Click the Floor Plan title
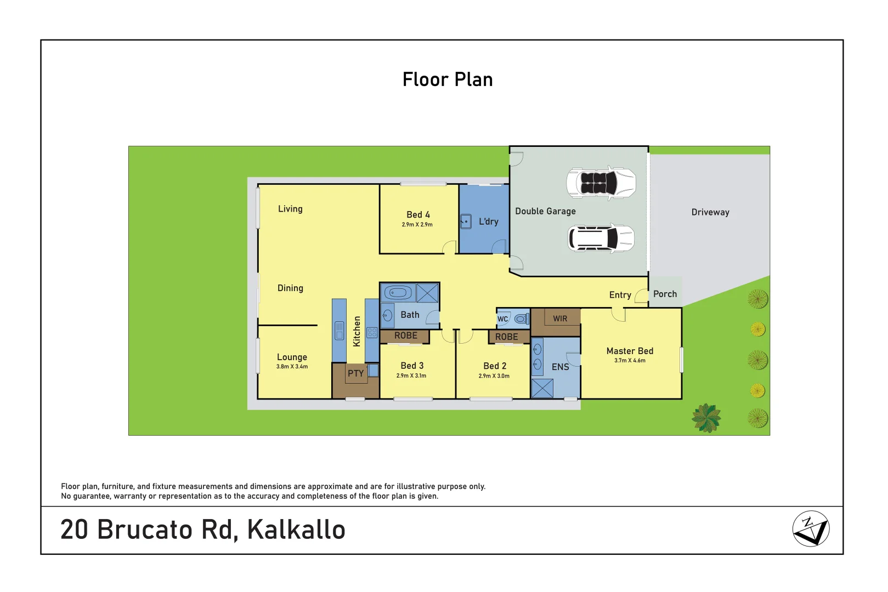(x=447, y=80)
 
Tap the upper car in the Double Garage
(x=601, y=183)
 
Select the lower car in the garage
(x=601, y=238)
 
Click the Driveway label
(x=710, y=213)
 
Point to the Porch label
(x=665, y=294)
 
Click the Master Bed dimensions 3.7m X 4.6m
(x=630, y=361)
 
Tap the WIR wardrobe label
(x=560, y=319)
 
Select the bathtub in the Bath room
(x=398, y=293)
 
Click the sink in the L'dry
(x=466, y=221)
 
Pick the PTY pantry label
(x=355, y=374)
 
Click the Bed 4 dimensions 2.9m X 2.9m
(x=417, y=225)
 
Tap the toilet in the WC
(x=522, y=319)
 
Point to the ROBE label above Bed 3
(x=405, y=336)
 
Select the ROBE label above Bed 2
(x=506, y=337)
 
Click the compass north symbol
(x=811, y=529)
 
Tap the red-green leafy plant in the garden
(x=706, y=418)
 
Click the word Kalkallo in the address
(x=296, y=530)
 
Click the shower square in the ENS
(x=542, y=388)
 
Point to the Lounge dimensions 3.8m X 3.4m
(x=292, y=367)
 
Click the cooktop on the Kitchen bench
(x=372, y=332)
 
